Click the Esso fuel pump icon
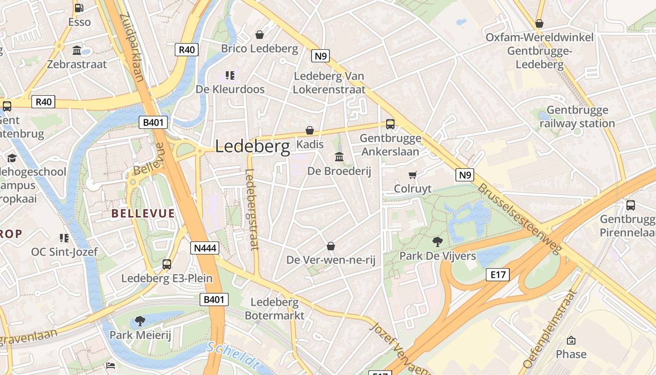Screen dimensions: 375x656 [x=79, y=8]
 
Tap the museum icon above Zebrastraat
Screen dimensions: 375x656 [x=77, y=50]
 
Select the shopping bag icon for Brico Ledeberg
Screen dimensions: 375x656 [x=260, y=35]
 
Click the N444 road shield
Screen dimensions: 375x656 [x=205, y=248]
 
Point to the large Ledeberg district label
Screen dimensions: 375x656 [x=253, y=147]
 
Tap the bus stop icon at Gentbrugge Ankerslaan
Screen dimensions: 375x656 [x=390, y=124]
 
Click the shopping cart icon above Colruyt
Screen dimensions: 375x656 [x=412, y=175]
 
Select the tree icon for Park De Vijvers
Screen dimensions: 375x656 [x=438, y=242]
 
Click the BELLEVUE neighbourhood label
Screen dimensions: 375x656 [x=143, y=214]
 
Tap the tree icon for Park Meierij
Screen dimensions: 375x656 [x=140, y=321]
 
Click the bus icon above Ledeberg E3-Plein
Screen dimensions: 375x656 [x=167, y=264]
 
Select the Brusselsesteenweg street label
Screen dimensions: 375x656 [x=519, y=218]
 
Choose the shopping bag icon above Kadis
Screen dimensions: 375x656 [x=310, y=130]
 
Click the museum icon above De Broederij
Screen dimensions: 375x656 [x=339, y=157]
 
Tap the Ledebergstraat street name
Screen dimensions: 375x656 [x=252, y=209]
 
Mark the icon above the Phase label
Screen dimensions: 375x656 [x=571, y=340]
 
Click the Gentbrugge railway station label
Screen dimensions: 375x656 [x=577, y=117]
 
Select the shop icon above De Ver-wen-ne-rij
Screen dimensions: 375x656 [x=331, y=246]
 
